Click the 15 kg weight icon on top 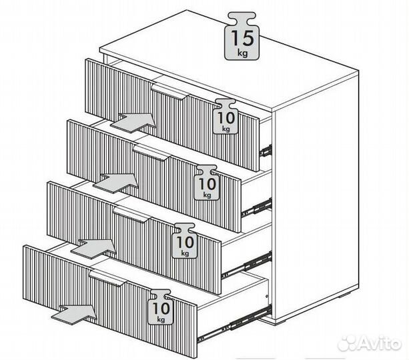coord(242,36)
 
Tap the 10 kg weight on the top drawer coord(226,116)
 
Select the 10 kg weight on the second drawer coord(207,183)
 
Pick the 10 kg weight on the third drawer coord(185,241)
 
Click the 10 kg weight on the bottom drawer coord(161,307)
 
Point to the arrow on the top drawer coord(133,123)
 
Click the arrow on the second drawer coord(116,183)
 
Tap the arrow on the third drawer coord(94,249)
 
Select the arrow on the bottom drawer coord(74,315)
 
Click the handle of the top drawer coord(170,91)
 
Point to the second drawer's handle coord(152,153)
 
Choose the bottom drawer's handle coord(107,278)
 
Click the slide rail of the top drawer coord(266,151)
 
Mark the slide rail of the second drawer coord(257,207)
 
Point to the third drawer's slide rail coord(247,265)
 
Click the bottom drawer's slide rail coord(234,323)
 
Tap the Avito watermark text coord(370,343)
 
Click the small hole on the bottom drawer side coord(267,297)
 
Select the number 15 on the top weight coord(242,38)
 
